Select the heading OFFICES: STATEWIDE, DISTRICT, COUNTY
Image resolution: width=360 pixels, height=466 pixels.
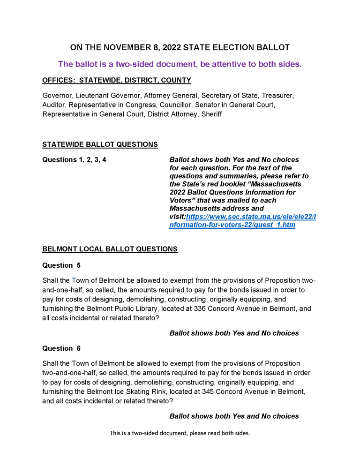[116, 80]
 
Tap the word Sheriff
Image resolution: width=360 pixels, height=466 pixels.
[211, 114]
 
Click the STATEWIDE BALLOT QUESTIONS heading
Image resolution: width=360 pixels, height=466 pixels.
[100, 144]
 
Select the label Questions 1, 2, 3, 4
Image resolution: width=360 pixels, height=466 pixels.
[74, 159]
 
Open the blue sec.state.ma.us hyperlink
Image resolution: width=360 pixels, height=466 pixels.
[242, 221]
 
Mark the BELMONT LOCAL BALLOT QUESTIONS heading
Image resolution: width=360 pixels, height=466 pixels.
[110, 249]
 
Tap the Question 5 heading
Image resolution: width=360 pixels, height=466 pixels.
[61, 265]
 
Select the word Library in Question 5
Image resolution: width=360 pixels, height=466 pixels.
[159, 308]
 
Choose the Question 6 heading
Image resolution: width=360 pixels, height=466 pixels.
[61, 348]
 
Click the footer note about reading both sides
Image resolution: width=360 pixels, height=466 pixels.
[180, 433]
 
